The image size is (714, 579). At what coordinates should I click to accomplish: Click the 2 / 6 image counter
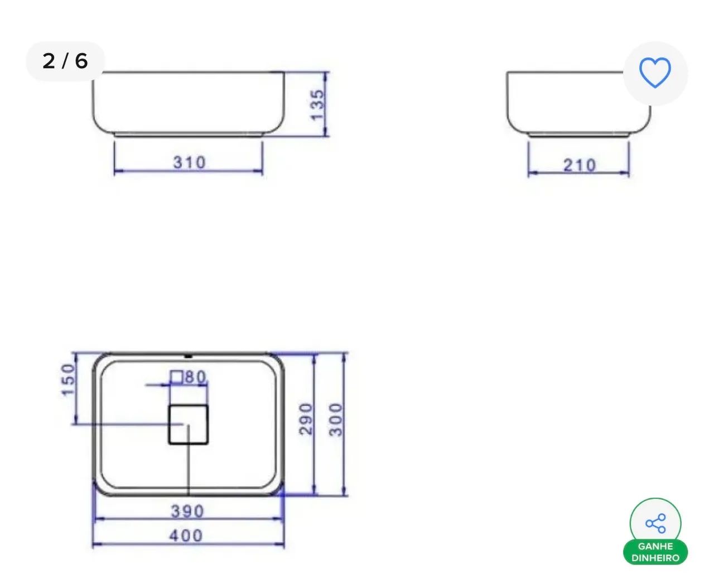65,61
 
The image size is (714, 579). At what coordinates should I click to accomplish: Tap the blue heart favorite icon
655,73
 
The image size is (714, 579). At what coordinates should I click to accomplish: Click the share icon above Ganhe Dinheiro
655,523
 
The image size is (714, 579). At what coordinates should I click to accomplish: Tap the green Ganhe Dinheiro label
655,552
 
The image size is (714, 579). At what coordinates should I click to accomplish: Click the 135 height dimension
317,105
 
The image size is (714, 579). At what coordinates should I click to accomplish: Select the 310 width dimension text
190,163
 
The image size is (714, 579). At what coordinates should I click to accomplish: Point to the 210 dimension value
579,165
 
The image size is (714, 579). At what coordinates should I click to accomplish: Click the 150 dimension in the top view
69,380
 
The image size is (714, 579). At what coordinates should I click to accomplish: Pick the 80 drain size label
195,377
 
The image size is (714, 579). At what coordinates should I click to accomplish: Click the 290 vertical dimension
306,419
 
